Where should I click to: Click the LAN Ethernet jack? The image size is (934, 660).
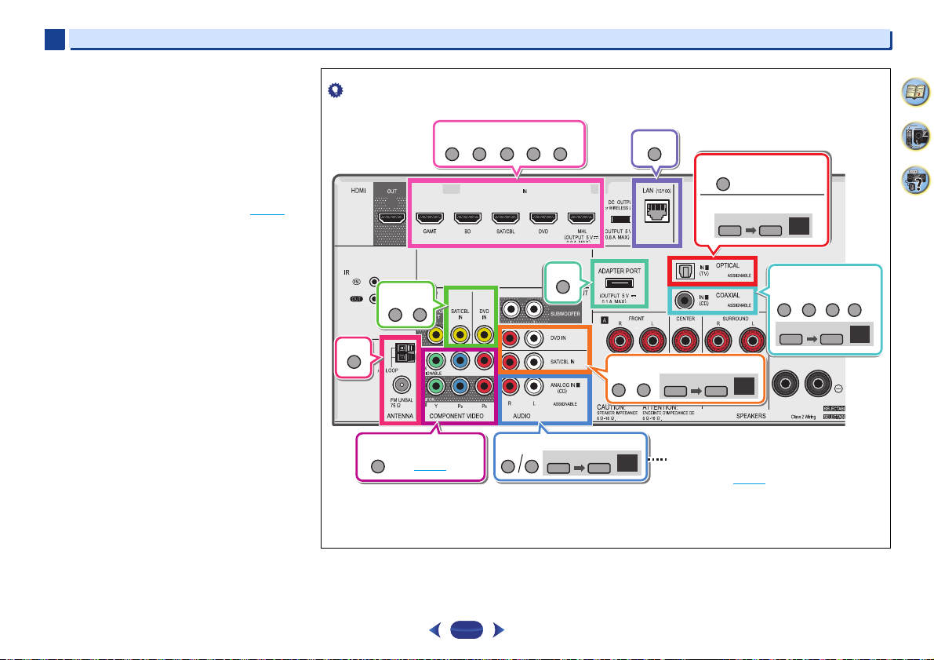point(657,210)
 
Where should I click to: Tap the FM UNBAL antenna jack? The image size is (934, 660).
point(402,385)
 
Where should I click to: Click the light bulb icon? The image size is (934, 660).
point(332,90)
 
